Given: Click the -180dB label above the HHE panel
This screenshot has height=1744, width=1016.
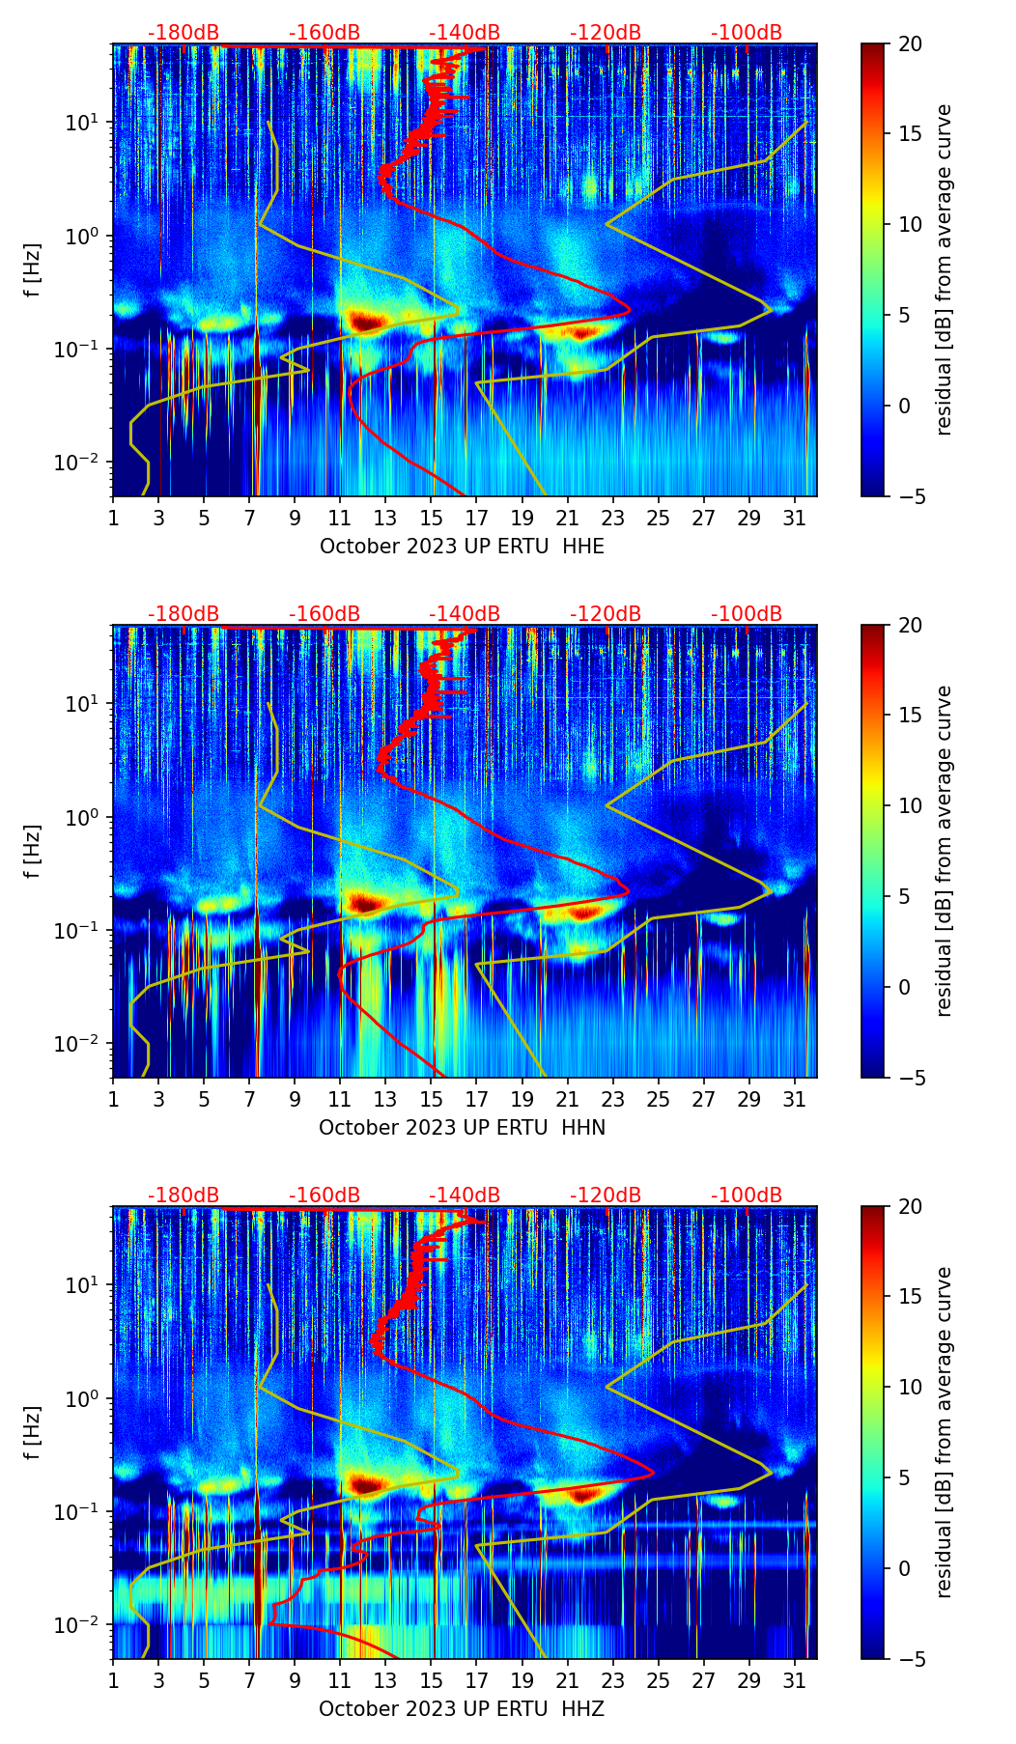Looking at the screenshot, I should coord(183,33).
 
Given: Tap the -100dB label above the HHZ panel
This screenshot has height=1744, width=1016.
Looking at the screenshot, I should coord(747,1195).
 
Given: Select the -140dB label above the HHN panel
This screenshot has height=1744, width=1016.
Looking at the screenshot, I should coord(465,614).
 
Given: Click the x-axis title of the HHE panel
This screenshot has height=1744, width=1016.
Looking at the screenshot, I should coord(462,547).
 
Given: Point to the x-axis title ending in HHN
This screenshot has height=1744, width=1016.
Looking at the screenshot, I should coord(462,1128).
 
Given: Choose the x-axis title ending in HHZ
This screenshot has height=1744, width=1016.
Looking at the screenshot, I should coord(462,1709).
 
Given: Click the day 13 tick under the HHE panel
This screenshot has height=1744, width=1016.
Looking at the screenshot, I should coord(385,518).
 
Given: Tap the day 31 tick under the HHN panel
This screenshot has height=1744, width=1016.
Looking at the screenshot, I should coord(794,1099).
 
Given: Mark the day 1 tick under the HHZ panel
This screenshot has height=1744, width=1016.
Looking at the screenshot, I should coord(113,1680).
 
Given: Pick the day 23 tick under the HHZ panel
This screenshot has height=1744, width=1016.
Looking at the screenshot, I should coord(612,1680).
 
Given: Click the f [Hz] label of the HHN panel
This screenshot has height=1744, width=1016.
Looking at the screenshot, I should coord(34,851).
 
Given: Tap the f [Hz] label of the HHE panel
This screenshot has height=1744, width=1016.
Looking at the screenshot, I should coord(34,269).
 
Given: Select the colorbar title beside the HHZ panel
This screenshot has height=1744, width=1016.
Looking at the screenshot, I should coord(945,1432).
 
